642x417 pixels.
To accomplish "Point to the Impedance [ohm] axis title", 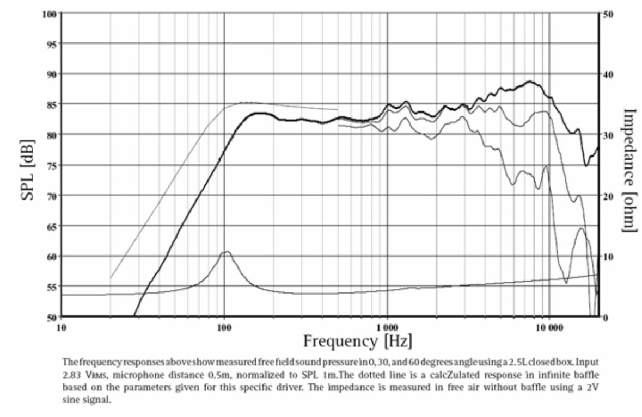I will (629, 171).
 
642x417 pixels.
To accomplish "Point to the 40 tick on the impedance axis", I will (608, 73).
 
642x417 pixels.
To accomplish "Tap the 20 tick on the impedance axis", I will (608, 195).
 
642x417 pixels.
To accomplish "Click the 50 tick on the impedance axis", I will (608, 13).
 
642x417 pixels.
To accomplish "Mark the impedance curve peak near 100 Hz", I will (225, 252).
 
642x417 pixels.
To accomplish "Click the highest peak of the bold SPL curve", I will (529, 82).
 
